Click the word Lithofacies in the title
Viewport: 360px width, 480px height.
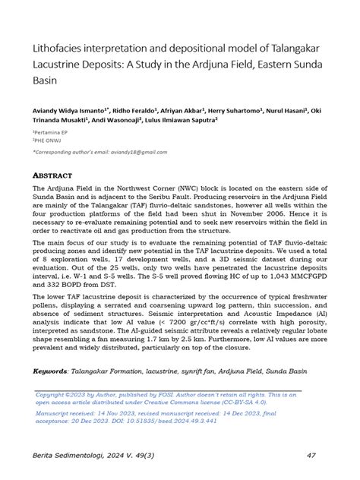[55, 49]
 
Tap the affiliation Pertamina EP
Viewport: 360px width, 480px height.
[52, 132]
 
